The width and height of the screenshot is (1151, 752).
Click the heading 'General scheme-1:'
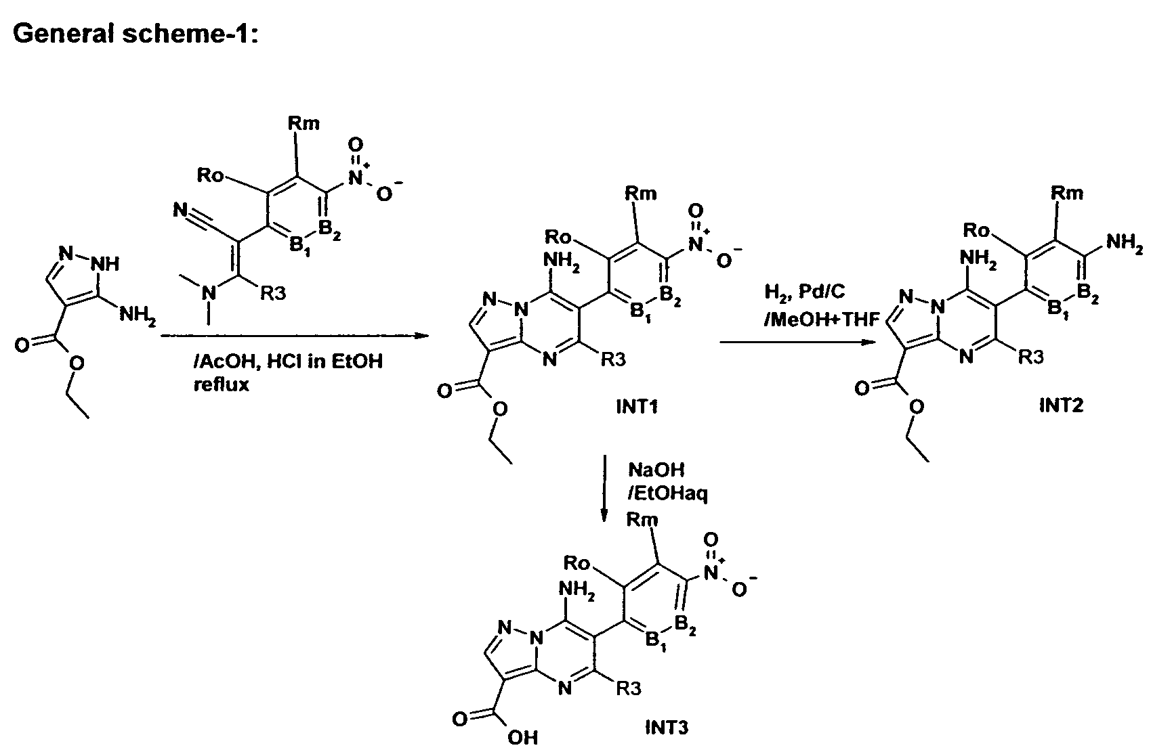click(x=135, y=34)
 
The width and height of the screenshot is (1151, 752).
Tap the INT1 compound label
click(x=637, y=407)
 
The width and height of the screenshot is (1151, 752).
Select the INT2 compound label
click(x=1061, y=405)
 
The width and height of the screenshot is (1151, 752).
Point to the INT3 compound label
click(x=667, y=727)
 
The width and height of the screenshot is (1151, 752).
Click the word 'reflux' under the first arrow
click(x=221, y=384)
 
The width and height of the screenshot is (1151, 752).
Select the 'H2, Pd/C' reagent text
click(x=804, y=292)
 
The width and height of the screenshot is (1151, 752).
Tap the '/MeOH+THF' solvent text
click(x=822, y=319)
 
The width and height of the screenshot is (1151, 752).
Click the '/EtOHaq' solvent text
click(x=667, y=494)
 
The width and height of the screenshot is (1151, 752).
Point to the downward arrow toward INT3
click(x=604, y=488)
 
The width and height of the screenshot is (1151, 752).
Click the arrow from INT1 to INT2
click(x=797, y=342)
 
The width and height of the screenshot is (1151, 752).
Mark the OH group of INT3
click(x=522, y=738)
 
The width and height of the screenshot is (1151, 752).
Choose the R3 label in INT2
click(x=1031, y=357)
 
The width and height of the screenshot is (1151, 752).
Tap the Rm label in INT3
click(x=642, y=520)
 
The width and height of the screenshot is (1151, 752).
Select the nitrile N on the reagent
click(x=180, y=209)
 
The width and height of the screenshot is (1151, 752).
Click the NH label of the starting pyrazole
click(x=105, y=264)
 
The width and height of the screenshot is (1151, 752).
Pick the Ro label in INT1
click(x=558, y=237)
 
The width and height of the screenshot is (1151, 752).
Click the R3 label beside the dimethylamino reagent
click(x=272, y=294)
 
